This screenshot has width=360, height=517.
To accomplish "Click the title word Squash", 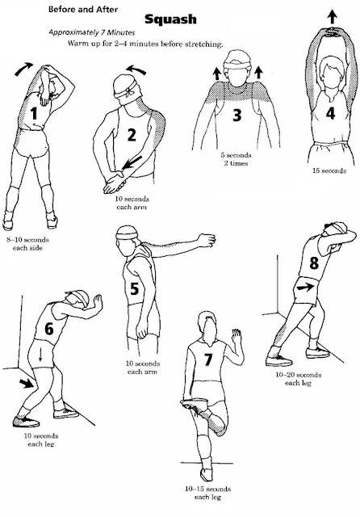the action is [x=170, y=19].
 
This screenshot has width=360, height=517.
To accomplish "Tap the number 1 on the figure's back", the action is [x=34, y=113].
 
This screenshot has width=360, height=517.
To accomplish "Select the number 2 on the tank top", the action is [x=131, y=135].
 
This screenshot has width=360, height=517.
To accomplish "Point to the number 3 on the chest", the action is [x=237, y=115].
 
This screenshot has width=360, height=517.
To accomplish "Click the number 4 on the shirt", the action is [x=330, y=113].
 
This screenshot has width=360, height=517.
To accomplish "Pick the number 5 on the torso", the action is [x=134, y=288].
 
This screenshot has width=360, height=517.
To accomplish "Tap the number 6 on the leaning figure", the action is [x=48, y=329].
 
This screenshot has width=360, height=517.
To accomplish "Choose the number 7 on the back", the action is [x=207, y=359].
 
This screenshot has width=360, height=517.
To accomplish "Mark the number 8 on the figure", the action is [x=314, y=263].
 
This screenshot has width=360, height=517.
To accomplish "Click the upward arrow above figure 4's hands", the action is [x=333, y=16].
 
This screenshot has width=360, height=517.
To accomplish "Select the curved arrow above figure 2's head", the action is [x=136, y=69].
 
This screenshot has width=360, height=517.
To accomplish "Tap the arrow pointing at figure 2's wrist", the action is [x=132, y=162].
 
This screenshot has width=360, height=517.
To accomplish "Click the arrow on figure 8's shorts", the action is [x=305, y=288].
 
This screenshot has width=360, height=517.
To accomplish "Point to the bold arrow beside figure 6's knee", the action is [x=27, y=384].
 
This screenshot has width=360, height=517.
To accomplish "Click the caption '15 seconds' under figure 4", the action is [x=329, y=170].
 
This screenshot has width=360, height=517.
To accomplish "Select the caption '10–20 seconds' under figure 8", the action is [x=299, y=375].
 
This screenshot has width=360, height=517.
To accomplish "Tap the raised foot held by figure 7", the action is [x=195, y=404].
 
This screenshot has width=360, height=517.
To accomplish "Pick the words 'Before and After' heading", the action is [x=83, y=10].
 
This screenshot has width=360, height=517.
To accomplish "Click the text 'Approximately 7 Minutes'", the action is [x=92, y=32].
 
